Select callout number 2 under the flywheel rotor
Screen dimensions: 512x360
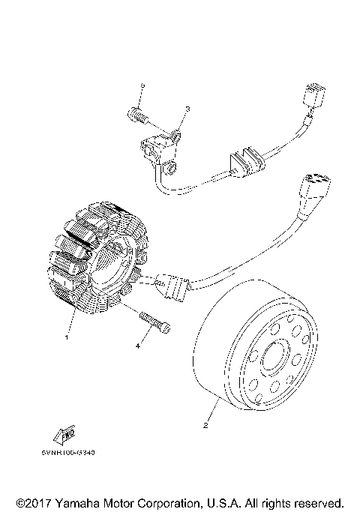pyautogui.click(x=205, y=427)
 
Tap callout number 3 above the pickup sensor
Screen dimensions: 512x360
pyautogui.click(x=187, y=109)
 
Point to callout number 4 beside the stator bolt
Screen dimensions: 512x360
pyautogui.click(x=137, y=346)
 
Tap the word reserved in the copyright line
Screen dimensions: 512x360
pyautogui.click(x=318, y=502)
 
